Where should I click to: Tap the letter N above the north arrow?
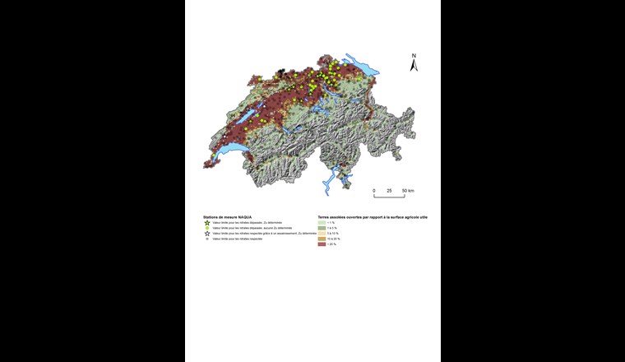tap(414, 56)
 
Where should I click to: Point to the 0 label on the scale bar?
tap(374, 191)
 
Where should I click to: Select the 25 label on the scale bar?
tap(390, 191)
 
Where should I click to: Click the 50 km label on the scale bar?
tap(409, 191)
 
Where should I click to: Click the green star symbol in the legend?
tap(207, 222)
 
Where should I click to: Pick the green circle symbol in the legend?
tap(207, 228)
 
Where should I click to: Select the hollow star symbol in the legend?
tap(207, 234)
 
